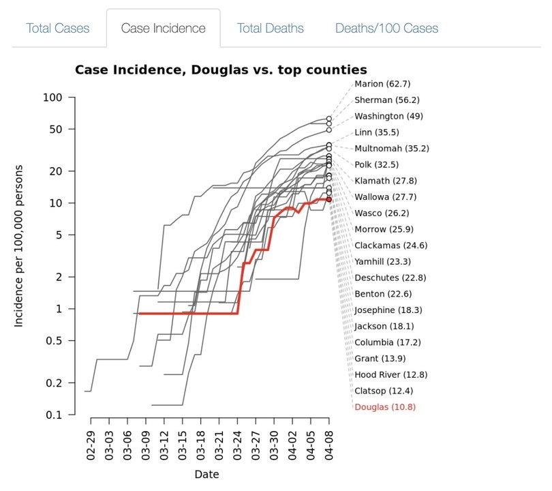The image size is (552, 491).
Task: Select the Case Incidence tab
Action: click(163, 28)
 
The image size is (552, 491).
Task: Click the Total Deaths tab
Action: click(270, 28)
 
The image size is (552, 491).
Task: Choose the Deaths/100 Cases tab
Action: click(386, 28)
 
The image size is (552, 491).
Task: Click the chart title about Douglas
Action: click(221, 70)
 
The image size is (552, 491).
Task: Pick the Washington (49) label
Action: click(388, 116)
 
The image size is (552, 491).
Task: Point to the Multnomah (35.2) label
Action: click(391, 149)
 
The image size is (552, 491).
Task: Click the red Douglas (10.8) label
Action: click(384, 407)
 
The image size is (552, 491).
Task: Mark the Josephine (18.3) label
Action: click(388, 310)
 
